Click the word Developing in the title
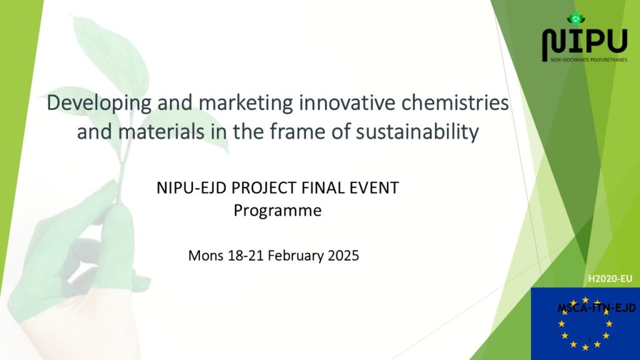click(99, 103)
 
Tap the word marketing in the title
click(246, 103)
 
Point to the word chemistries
click(455, 102)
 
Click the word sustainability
click(417, 132)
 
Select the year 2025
click(343, 256)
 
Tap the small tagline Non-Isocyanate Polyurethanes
click(589, 60)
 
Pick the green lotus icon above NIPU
click(576, 18)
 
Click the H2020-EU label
click(610, 279)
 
